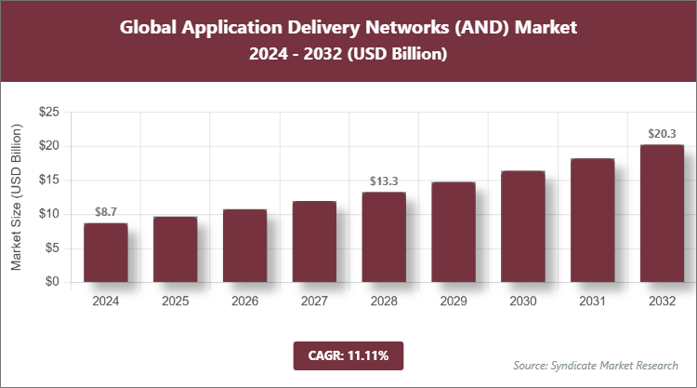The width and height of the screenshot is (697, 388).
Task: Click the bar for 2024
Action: (x=105, y=252)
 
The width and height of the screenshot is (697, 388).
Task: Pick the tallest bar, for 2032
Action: (x=662, y=213)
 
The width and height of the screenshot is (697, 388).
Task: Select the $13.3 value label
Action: (x=384, y=181)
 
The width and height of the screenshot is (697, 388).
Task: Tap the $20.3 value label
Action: (x=662, y=134)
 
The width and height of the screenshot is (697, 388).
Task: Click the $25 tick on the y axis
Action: (x=49, y=113)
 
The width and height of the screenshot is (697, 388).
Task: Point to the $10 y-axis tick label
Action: (x=49, y=214)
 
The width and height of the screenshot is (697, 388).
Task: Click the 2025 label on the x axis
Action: (x=175, y=301)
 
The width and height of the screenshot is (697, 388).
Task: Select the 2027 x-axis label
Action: (x=314, y=301)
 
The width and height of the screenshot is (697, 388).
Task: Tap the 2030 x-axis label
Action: (x=522, y=301)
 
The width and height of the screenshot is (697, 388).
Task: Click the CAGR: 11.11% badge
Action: (x=348, y=355)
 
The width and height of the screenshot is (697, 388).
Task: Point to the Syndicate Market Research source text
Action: (x=596, y=364)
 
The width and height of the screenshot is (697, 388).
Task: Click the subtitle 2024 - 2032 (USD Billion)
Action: (x=348, y=55)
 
